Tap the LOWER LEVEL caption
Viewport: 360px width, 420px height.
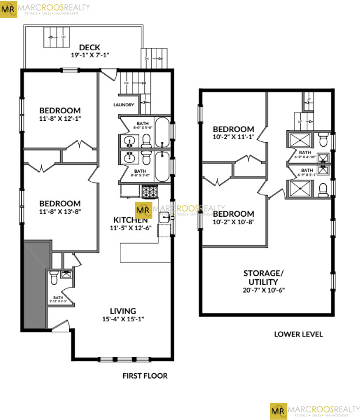tap(298, 335)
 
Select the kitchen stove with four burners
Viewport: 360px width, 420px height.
tap(149, 190)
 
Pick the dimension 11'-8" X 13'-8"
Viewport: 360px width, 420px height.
tap(60, 211)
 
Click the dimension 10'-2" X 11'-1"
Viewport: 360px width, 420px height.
tap(233, 137)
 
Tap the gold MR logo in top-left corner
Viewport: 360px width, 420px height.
tap(10, 10)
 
